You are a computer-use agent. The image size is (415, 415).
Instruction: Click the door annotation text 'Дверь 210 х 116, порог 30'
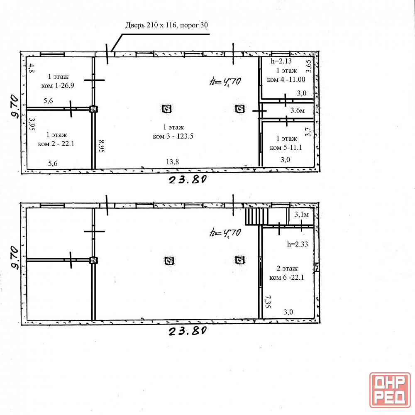tap(166, 25)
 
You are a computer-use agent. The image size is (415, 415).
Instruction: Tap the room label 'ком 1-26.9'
tap(58, 85)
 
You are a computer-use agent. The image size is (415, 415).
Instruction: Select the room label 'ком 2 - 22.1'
tap(56, 144)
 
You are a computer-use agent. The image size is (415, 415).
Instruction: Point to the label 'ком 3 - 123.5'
tap(173, 136)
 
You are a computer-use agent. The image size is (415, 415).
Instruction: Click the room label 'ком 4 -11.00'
tap(286, 79)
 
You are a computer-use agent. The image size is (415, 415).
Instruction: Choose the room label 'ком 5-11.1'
tap(286, 147)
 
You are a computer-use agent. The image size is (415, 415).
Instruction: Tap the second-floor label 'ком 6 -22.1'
tap(287, 277)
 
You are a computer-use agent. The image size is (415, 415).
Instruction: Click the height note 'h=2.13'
tap(281, 61)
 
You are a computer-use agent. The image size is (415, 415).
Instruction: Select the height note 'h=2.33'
tap(298, 244)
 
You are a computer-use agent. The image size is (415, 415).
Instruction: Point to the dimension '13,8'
tap(173, 162)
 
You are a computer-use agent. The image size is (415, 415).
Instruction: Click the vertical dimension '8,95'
tap(102, 146)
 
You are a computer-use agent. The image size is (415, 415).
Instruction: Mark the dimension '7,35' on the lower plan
tap(268, 301)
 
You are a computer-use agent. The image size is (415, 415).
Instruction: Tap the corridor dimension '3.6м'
tap(298, 110)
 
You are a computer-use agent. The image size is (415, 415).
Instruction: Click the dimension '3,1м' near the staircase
tap(301, 215)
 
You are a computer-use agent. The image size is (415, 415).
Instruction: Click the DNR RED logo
tap(390, 390)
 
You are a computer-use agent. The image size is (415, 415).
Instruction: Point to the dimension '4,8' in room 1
tap(32, 68)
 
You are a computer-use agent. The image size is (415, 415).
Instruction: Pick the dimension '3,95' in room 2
tap(32, 124)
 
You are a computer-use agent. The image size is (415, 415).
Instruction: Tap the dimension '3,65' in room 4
tap(309, 66)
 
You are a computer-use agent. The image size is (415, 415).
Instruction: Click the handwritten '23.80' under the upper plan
tap(188, 180)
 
